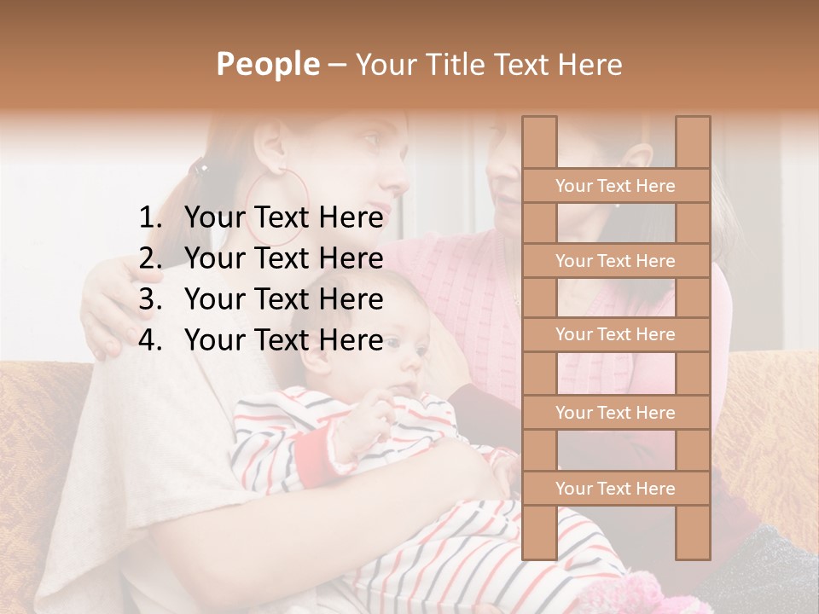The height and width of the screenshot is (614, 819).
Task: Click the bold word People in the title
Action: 268,64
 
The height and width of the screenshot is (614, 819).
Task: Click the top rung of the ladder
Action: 615,186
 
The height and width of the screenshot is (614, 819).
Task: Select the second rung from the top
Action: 615,261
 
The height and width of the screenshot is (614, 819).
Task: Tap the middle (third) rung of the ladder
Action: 615,334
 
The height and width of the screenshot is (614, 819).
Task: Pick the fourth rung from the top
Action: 615,413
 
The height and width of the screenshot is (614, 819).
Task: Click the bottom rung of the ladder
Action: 615,489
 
